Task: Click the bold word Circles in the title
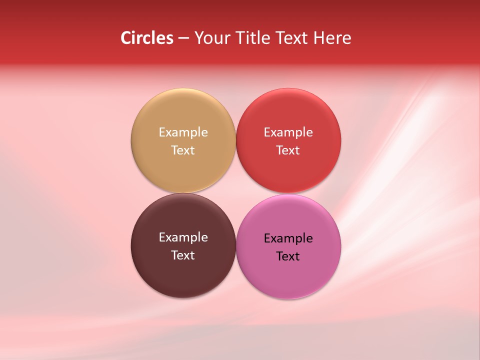[146, 38]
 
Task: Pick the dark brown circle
[183, 275]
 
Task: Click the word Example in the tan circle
[183, 132]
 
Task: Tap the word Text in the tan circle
[183, 150]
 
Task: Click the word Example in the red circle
[288, 132]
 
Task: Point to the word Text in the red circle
[288, 150]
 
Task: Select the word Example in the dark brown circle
[183, 237]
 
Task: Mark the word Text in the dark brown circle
[183, 255]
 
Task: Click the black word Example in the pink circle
[288, 238]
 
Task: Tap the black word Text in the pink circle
[288, 256]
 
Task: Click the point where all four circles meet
[235, 193]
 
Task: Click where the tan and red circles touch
[235, 140]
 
